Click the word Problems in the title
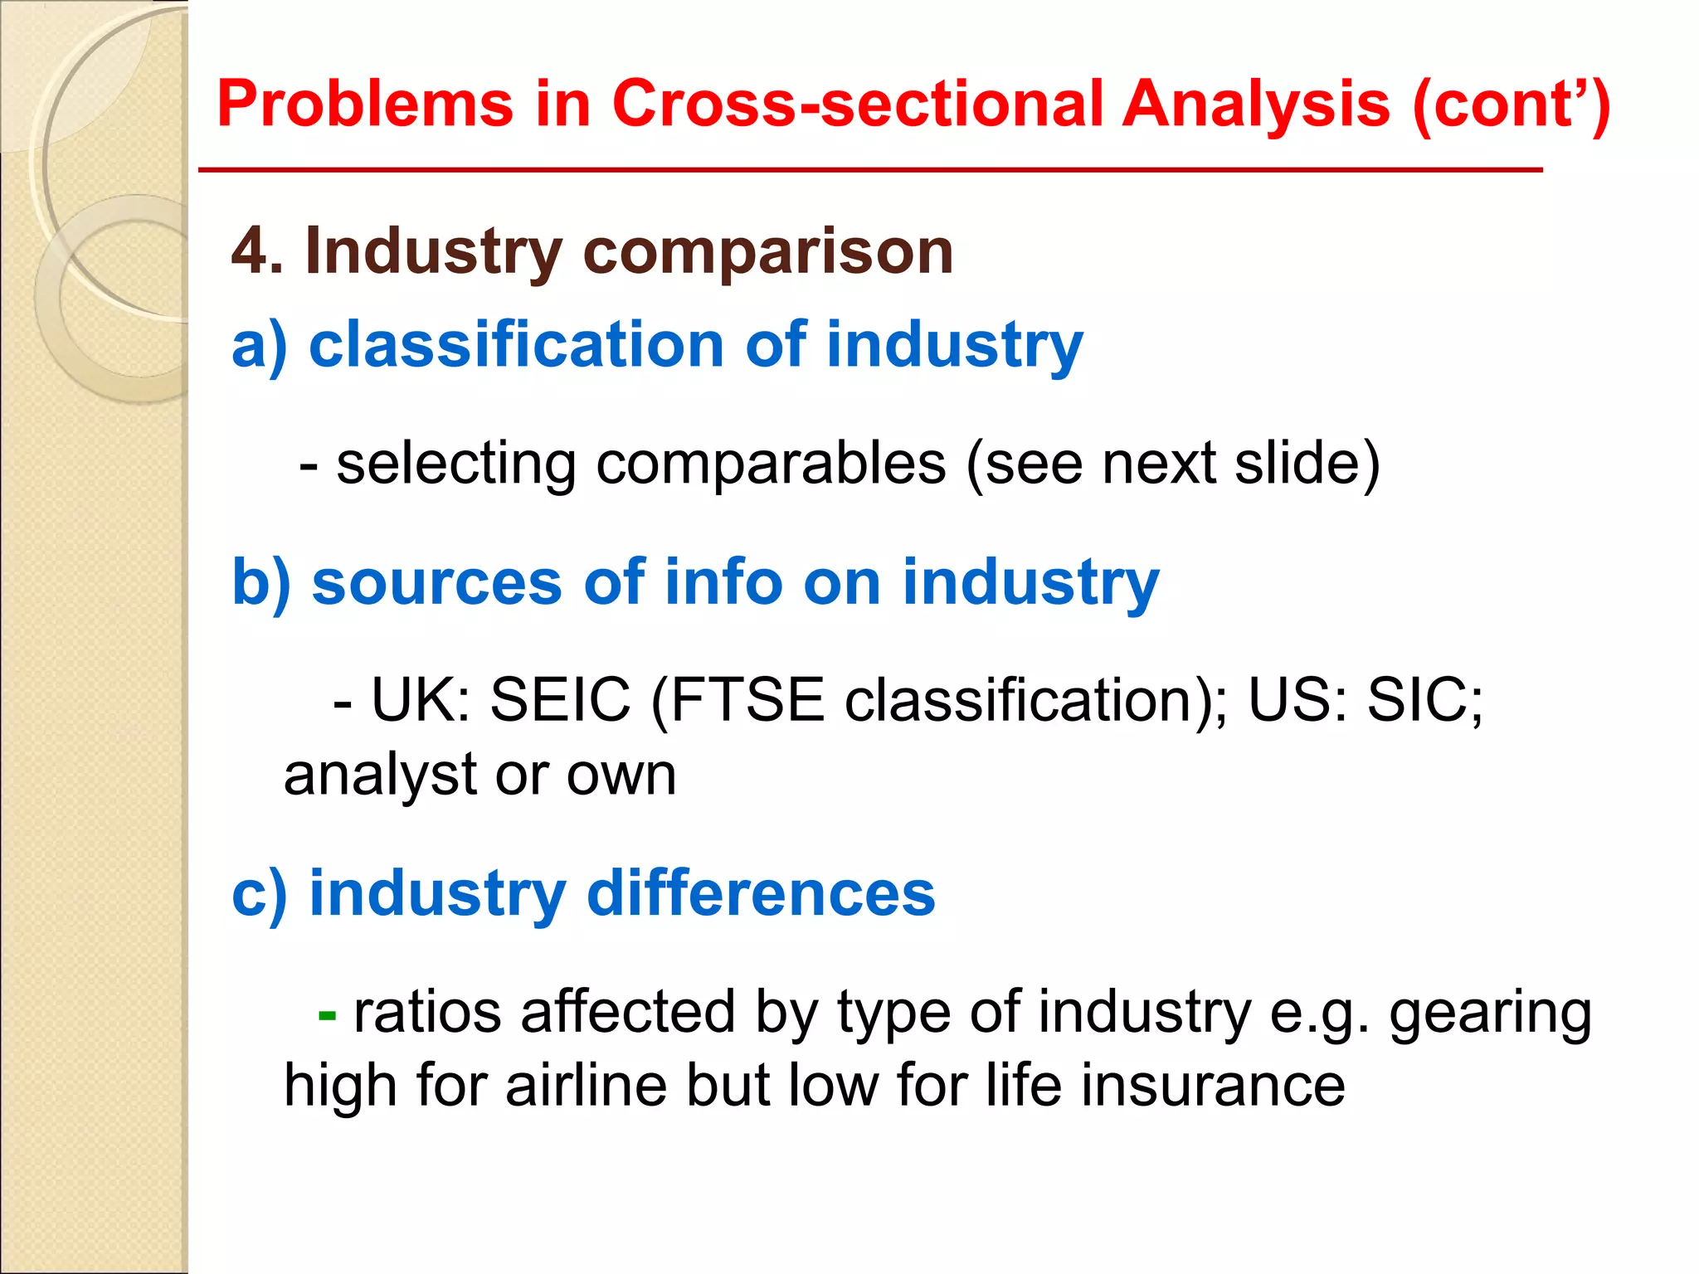point(365,105)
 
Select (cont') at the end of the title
point(1511,105)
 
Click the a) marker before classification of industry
point(259,345)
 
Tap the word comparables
point(771,464)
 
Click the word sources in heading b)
point(436,582)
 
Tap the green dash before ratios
point(327,1014)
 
